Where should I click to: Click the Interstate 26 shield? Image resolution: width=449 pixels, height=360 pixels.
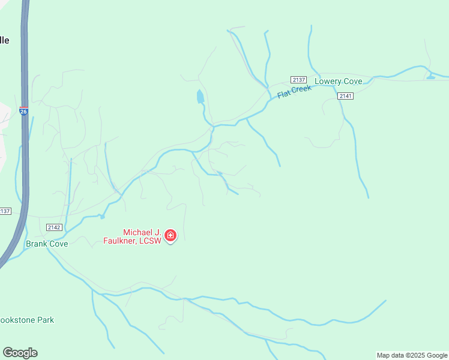click(23, 111)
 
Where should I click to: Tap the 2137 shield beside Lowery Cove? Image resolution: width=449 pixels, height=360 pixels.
click(298, 80)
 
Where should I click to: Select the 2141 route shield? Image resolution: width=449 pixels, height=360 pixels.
click(345, 96)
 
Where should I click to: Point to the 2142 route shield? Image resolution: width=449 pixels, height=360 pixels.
click(54, 227)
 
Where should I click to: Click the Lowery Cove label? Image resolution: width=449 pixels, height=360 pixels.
click(338, 81)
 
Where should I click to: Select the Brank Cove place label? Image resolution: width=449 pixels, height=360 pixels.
click(47, 244)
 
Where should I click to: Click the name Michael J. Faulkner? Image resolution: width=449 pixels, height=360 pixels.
click(143, 232)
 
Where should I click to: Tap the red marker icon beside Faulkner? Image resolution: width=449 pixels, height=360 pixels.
click(170, 235)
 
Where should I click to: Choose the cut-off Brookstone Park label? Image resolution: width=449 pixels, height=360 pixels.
click(28, 320)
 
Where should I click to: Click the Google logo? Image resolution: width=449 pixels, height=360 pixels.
click(20, 353)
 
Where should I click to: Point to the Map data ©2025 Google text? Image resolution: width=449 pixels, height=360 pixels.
click(412, 355)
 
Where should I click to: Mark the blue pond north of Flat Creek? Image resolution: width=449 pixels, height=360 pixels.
click(200, 96)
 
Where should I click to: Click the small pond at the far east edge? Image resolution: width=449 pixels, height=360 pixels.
click(430, 76)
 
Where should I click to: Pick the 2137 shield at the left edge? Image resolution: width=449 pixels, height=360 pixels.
click(5, 211)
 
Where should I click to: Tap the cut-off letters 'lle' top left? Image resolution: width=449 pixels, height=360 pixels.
click(4, 40)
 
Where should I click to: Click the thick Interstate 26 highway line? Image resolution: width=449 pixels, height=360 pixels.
click(25, 168)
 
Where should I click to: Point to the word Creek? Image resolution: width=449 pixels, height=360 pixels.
click(303, 89)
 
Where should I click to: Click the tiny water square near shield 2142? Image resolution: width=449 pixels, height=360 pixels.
click(103, 217)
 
